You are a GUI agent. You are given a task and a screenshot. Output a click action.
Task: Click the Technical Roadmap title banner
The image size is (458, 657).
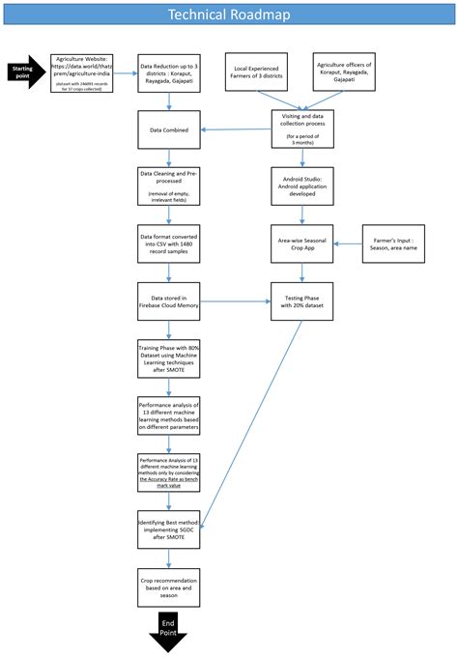(x=229, y=14)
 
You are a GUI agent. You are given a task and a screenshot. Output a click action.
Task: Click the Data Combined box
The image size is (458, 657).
(x=169, y=128)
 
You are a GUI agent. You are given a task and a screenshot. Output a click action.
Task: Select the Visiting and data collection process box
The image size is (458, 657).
(x=302, y=128)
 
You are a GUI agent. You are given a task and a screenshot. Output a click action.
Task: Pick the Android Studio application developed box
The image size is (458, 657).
(x=302, y=184)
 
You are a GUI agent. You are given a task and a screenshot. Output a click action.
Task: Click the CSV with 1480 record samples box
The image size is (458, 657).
(x=169, y=241)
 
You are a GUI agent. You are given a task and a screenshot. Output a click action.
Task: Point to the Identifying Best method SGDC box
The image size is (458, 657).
(x=169, y=529)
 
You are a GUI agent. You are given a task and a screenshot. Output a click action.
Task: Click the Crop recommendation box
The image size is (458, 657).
(x=169, y=586)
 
